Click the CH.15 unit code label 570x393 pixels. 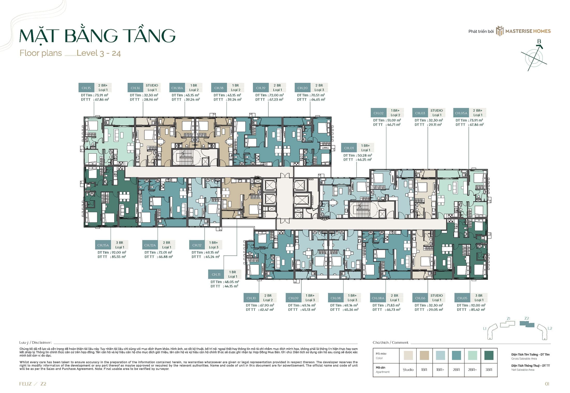(86, 88)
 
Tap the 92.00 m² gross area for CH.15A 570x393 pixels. (119, 252)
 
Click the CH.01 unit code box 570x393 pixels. (349, 148)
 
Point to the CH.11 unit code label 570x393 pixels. (216, 274)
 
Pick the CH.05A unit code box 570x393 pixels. (461, 113)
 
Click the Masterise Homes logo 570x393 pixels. (523, 31)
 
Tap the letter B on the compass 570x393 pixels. (539, 41)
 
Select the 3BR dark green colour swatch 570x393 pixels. (489, 355)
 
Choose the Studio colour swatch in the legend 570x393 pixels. (408, 355)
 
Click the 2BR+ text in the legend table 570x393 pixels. (472, 370)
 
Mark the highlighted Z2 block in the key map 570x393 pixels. (527, 324)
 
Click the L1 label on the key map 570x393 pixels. (485, 328)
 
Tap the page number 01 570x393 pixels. (547, 384)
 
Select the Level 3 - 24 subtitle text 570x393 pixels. (99, 53)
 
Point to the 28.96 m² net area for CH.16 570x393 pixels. (151, 99)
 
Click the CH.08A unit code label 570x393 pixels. (378, 298)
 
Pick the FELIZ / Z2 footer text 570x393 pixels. (33, 384)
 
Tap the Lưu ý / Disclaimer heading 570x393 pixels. (35, 342)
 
